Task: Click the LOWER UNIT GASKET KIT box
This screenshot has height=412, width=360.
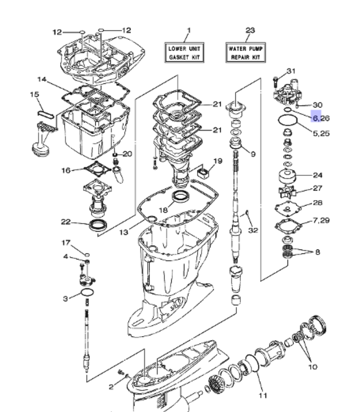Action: pos(184,53)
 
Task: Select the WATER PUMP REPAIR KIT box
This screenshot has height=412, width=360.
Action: pos(246,53)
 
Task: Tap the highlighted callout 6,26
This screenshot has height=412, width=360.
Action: pos(320,118)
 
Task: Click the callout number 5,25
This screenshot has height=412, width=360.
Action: pos(321,133)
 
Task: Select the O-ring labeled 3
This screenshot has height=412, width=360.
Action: pos(87,293)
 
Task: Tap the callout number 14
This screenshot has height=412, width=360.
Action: pos(42,79)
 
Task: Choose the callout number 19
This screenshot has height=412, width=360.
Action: pos(218,161)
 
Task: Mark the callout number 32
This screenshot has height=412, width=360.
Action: pos(253,230)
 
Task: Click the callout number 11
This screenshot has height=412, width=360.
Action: pos(263,395)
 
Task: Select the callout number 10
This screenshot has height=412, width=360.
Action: pos(312,367)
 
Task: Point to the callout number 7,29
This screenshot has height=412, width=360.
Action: pos(321,220)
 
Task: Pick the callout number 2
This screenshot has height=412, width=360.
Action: pos(111,387)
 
